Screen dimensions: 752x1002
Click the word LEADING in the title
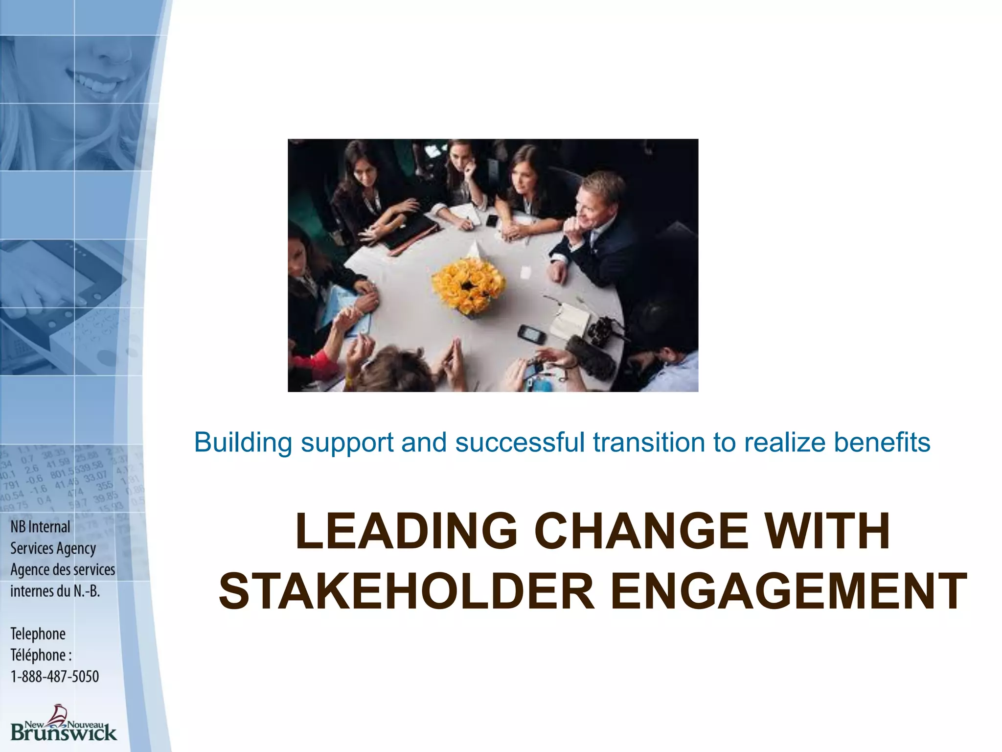coord(406,532)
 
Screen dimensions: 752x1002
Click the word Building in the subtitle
coord(243,443)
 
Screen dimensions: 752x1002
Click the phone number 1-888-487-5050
coord(55,677)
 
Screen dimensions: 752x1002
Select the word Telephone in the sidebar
coord(38,634)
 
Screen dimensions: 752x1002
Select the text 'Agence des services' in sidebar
coord(63,570)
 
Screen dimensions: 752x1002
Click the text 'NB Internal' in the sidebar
coord(41,527)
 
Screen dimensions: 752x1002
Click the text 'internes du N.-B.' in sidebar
coord(55,591)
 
